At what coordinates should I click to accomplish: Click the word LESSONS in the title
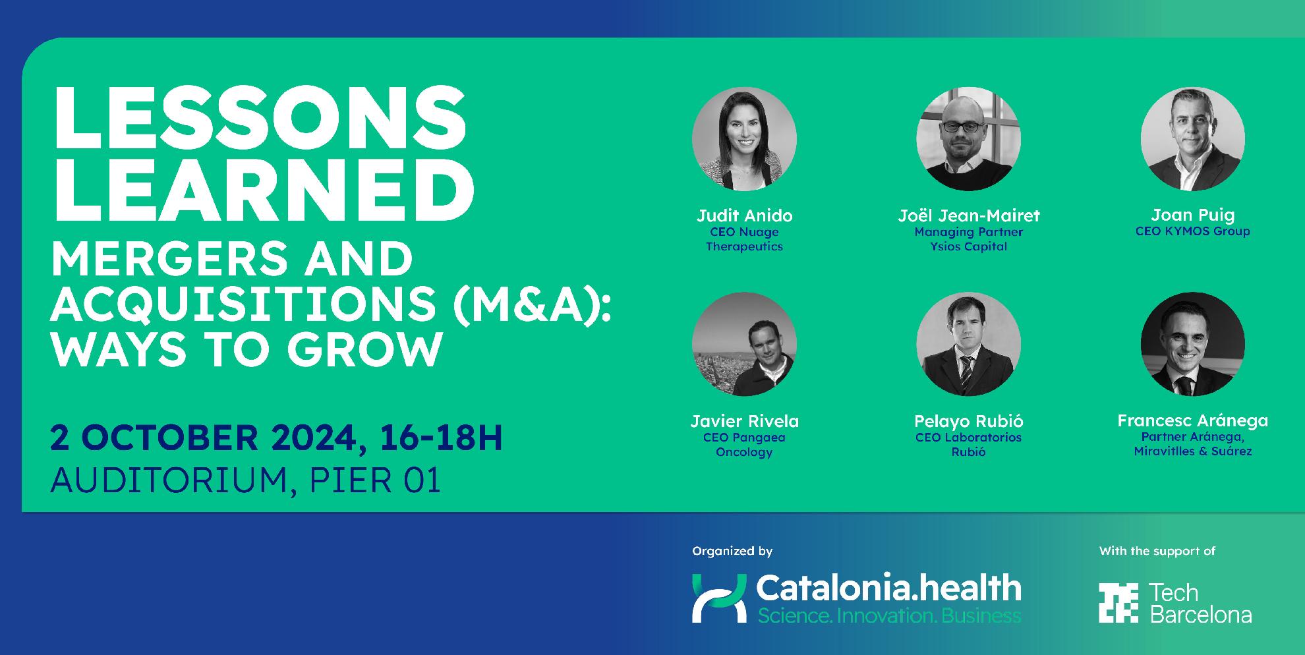259,119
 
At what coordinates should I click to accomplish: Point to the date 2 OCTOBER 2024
204,438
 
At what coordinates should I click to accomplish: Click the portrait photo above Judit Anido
744,139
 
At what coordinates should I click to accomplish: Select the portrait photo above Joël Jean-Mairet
968,139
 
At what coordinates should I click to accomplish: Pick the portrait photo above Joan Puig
1192,139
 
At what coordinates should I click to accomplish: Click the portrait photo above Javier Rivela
744,344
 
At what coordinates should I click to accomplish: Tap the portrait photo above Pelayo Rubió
968,344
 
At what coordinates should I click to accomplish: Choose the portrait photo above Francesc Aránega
1192,344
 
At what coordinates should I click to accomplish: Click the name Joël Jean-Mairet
968,215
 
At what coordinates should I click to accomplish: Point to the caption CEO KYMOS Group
1192,231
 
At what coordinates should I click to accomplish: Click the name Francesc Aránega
1192,420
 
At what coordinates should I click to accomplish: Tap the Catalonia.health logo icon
719,598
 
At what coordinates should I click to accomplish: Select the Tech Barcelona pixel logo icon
1118,603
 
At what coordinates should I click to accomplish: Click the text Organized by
732,552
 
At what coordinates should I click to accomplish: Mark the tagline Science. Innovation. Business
889,616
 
